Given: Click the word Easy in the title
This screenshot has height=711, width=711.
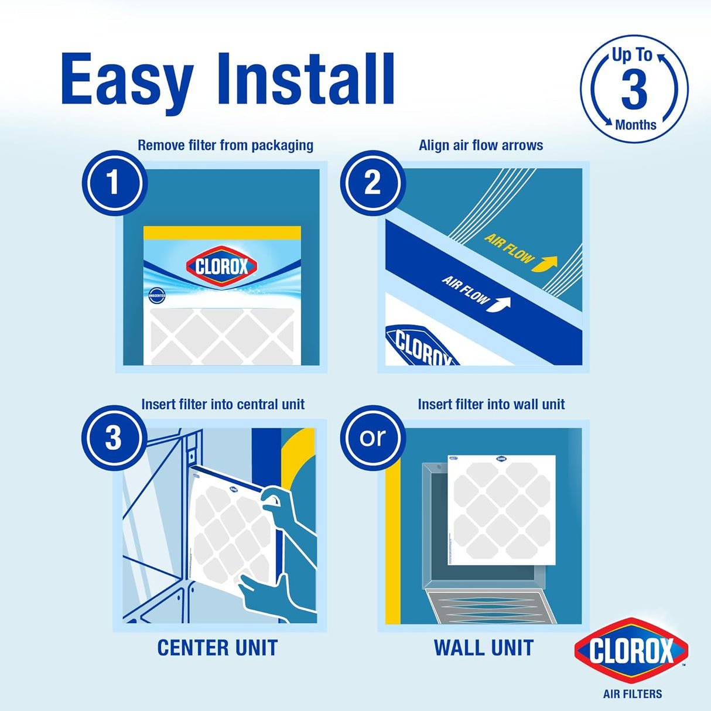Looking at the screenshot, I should point(126,80).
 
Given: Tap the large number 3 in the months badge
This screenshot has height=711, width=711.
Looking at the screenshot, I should point(634,90).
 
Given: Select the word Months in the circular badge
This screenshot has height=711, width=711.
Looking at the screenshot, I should point(635,125).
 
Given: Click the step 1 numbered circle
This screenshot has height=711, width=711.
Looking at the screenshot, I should point(114,183).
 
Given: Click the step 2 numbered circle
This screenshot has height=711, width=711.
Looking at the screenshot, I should point(372,183).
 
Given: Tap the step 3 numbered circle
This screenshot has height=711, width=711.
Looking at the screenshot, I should point(114,437).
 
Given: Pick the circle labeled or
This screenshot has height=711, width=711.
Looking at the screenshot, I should point(372,437).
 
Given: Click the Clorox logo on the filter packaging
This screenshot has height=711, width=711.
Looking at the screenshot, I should point(222,267).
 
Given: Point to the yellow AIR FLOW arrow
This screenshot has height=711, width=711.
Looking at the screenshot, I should point(543,263).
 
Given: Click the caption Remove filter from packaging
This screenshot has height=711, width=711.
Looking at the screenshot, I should point(225,145).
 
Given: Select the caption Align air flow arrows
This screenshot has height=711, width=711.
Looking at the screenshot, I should point(481,145).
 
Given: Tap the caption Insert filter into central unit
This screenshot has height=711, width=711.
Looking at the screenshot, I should point(223,404).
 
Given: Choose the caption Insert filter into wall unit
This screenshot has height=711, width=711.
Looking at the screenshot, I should point(491,404).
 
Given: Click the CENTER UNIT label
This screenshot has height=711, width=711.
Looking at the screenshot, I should point(217,648).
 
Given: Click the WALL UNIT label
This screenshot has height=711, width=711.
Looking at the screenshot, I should point(484,648).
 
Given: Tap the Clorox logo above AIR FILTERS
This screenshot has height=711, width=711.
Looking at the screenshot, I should point(631,651).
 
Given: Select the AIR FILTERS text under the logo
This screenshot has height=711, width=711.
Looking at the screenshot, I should point(633,694).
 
